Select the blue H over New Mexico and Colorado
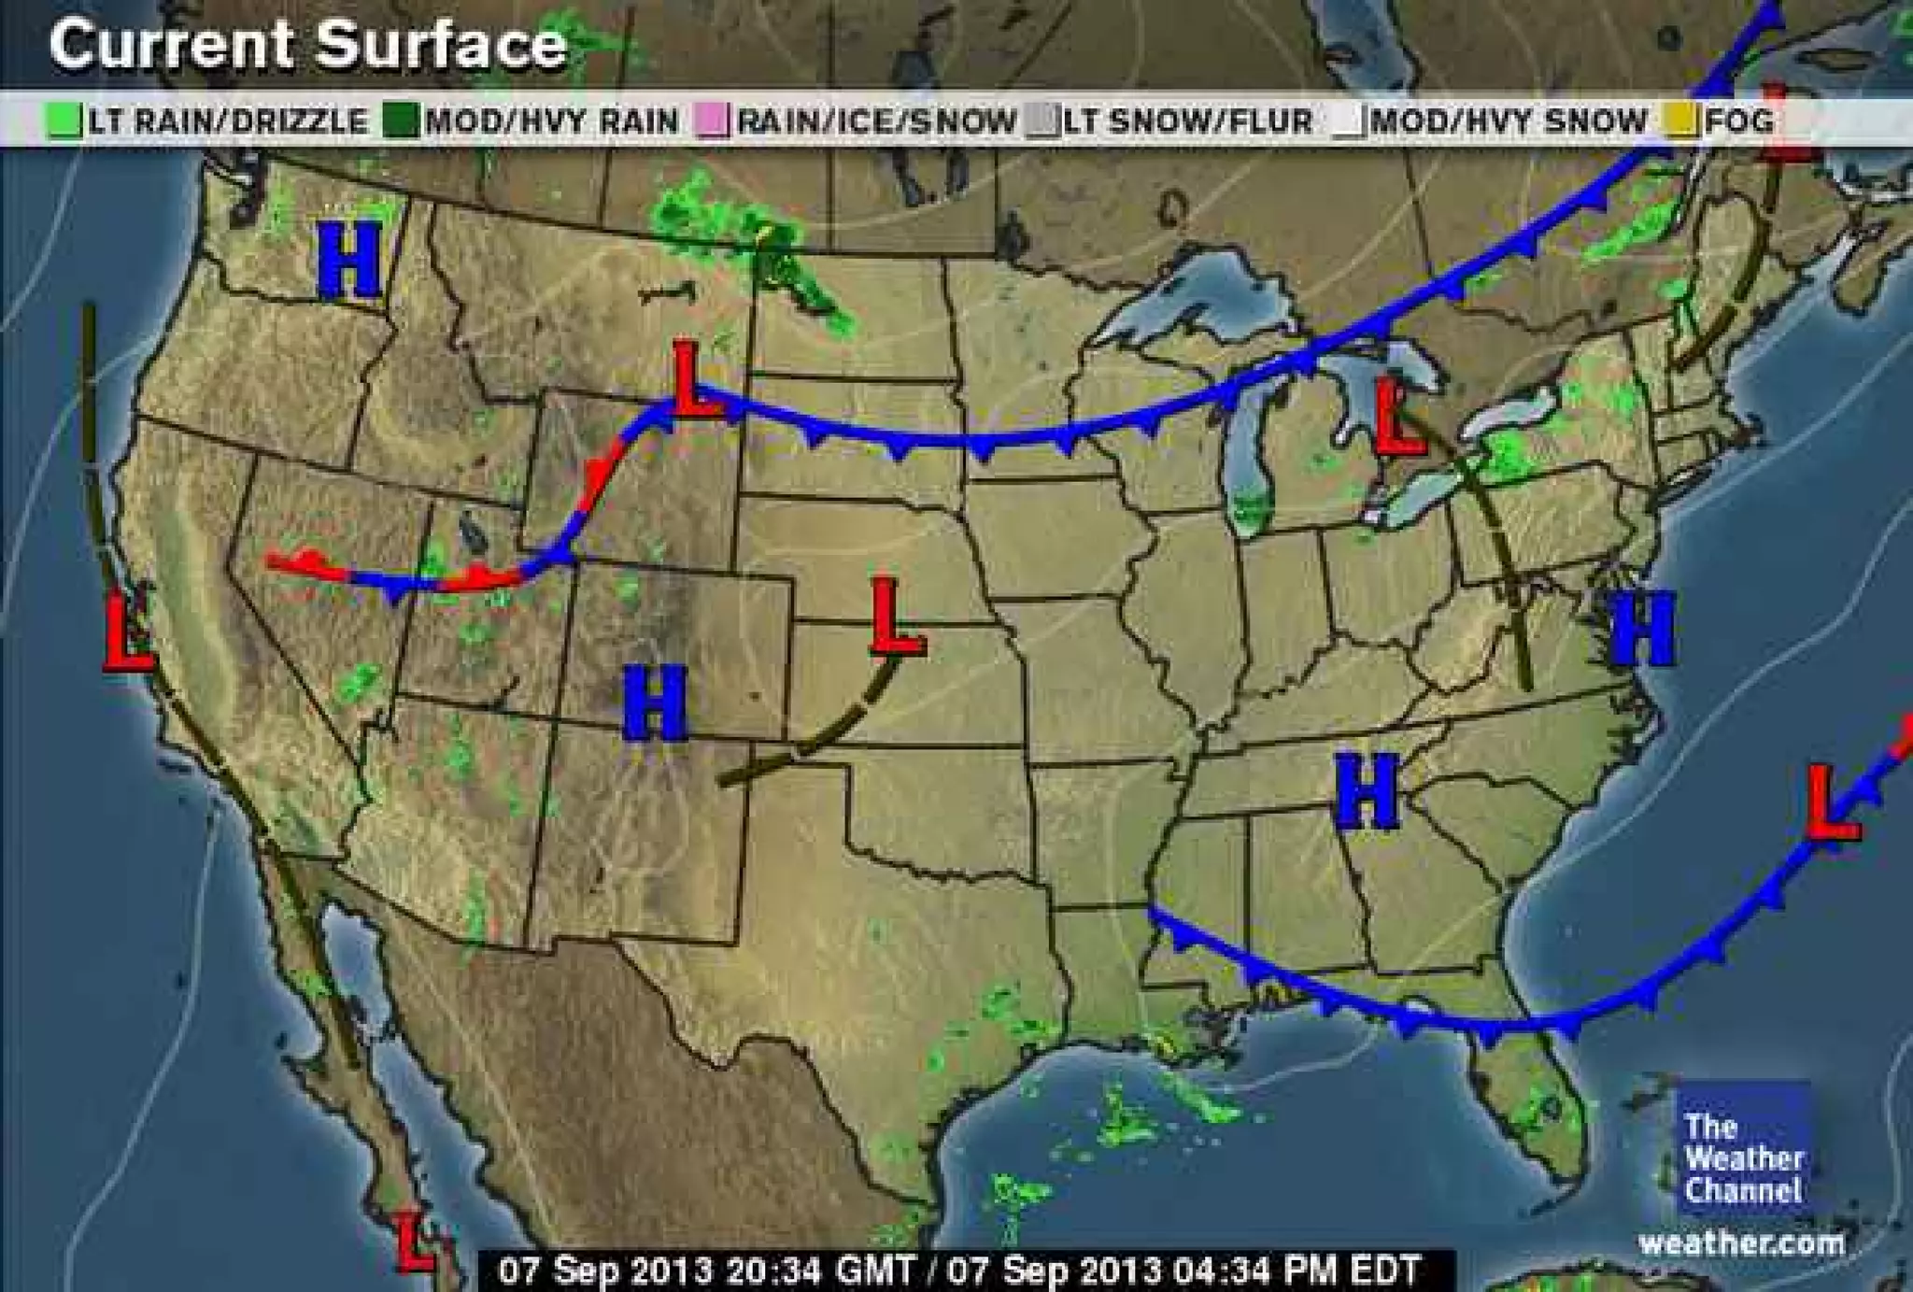coord(655,703)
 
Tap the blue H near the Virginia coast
coord(1641,628)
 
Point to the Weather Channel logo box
coord(1742,1150)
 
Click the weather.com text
coord(1741,1243)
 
